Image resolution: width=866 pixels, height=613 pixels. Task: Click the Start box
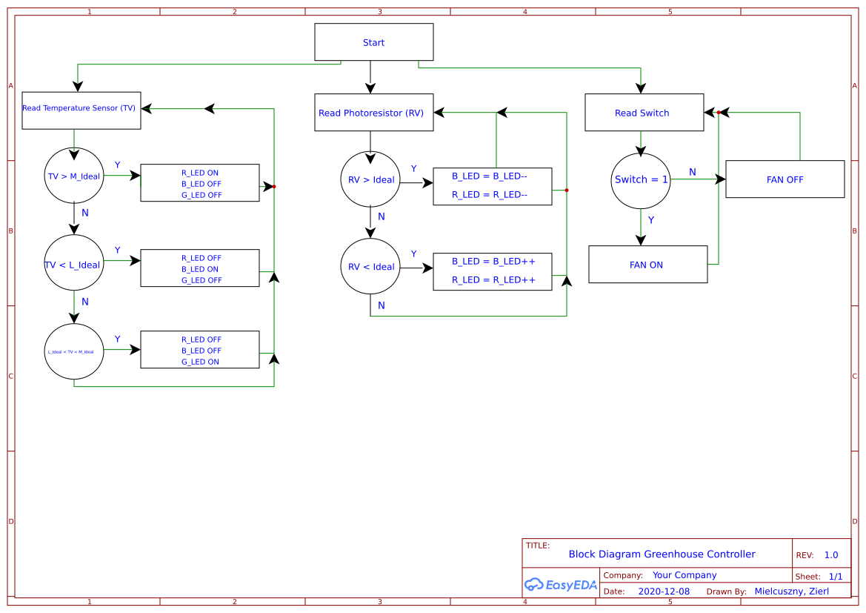point(373,42)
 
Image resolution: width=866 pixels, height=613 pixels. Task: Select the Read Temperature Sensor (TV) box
point(81,110)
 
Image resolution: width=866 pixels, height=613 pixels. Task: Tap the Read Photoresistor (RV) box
point(373,113)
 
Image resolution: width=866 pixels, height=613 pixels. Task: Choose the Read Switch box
point(644,113)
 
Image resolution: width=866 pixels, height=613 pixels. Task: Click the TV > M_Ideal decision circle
point(74,176)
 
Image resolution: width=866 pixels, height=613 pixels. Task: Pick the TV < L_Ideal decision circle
point(74,265)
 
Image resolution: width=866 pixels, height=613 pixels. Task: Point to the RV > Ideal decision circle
point(370,179)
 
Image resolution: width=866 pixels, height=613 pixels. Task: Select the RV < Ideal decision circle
point(370,266)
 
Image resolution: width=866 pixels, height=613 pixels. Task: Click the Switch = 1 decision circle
point(641,180)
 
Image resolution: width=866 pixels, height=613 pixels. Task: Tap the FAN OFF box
point(785,179)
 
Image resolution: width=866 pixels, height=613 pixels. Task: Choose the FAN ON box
point(647,265)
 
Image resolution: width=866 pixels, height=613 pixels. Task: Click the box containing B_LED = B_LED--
point(492,186)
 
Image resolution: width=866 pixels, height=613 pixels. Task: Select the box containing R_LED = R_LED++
point(492,271)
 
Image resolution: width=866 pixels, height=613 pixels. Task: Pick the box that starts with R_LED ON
point(200,183)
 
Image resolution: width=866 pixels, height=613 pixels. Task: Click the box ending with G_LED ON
point(200,350)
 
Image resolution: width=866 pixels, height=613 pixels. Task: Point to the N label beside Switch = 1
point(693,172)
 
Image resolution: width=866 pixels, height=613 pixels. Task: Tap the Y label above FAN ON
point(651,220)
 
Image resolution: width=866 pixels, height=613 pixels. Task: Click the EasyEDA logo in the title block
point(561,585)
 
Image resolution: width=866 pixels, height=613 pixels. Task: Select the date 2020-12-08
point(664,592)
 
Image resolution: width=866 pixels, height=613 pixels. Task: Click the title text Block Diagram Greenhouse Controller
point(662,554)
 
